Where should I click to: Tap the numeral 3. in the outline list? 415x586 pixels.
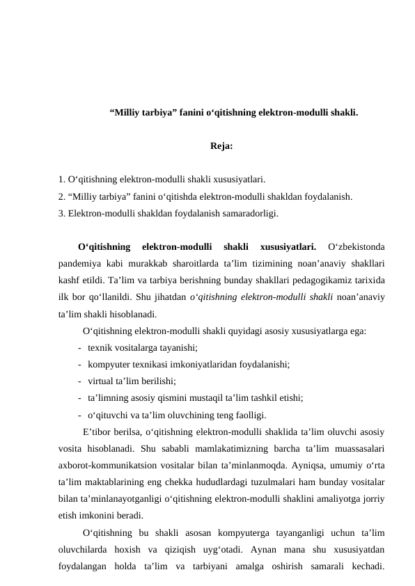pyautogui.click(x=63, y=214)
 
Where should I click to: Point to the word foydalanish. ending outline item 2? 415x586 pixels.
pyautogui.click(x=329, y=197)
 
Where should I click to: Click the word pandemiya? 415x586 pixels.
pyautogui.click(x=80, y=263)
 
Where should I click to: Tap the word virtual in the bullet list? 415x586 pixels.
pyautogui.click(x=104, y=381)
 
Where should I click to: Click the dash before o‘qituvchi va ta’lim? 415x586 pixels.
pyautogui.click(x=81, y=415)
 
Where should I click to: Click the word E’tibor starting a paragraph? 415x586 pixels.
pyautogui.click(x=97, y=431)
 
